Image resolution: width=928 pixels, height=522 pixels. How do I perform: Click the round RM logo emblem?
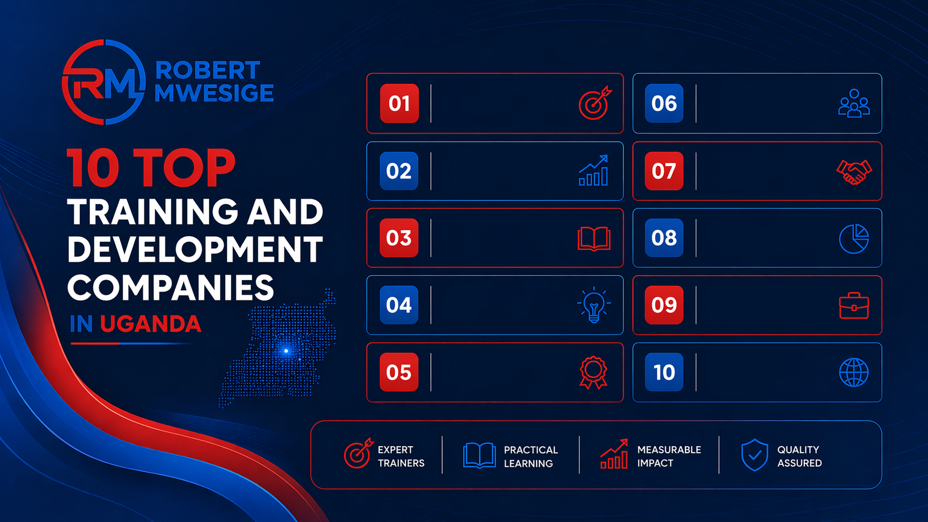(x=104, y=82)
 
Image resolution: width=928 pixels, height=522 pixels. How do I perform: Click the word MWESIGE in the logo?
(x=214, y=93)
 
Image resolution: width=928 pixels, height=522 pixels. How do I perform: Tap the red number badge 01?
(x=399, y=103)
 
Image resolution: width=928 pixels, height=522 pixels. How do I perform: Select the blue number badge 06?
(x=664, y=103)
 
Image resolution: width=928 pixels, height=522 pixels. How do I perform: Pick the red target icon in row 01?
(x=594, y=103)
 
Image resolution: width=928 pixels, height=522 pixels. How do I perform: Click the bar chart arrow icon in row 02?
(x=594, y=171)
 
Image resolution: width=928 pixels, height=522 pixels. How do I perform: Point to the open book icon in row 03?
(x=594, y=239)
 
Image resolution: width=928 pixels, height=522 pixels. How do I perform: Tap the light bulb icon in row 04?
(x=594, y=305)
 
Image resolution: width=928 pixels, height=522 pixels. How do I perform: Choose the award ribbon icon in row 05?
(x=593, y=372)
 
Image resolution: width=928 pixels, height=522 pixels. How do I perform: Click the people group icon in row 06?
(x=854, y=104)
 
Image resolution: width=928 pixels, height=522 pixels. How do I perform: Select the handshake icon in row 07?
(x=854, y=171)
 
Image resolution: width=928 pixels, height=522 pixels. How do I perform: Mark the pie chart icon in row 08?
(x=854, y=239)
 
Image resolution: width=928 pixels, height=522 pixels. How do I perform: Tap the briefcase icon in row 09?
(x=854, y=306)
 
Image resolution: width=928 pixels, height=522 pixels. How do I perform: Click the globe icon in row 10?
(x=854, y=372)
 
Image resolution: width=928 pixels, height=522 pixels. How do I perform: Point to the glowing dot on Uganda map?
(x=286, y=351)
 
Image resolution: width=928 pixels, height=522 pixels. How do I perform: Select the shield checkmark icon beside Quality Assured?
(x=754, y=455)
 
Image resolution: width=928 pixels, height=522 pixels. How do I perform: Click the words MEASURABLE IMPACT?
(x=669, y=456)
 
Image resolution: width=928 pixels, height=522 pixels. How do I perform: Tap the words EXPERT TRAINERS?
(x=401, y=456)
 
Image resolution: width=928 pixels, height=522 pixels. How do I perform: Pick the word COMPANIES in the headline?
(x=170, y=288)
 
